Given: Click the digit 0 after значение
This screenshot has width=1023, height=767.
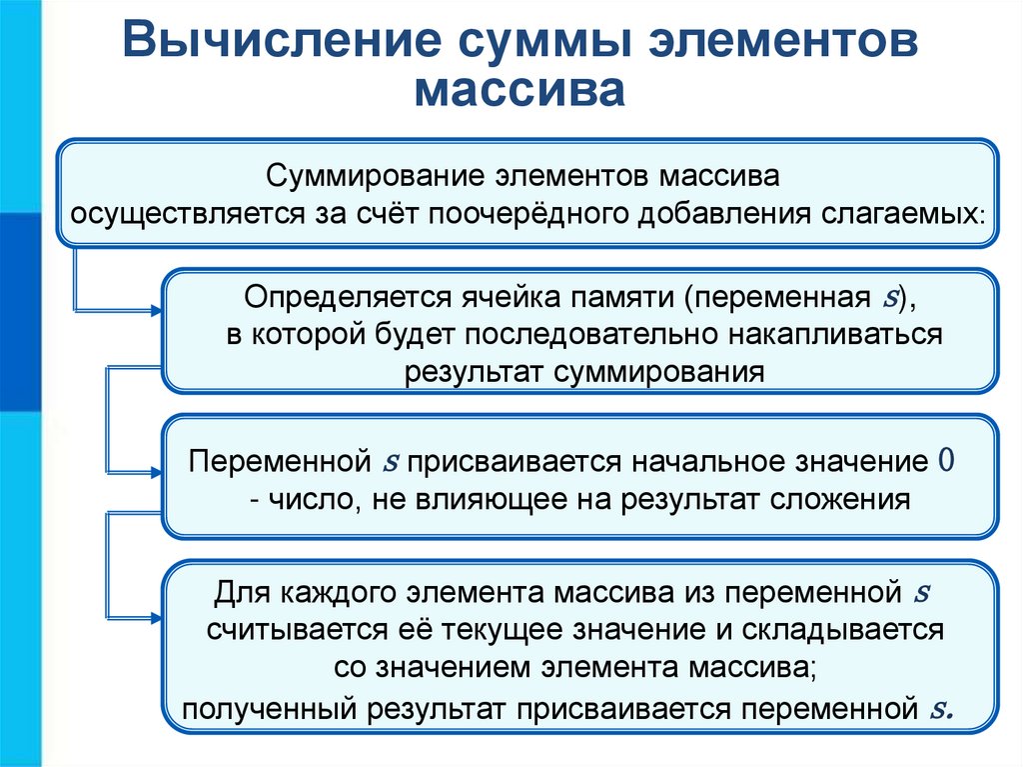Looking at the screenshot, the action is [947, 463].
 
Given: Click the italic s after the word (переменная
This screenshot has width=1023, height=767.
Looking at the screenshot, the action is [890, 298].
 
